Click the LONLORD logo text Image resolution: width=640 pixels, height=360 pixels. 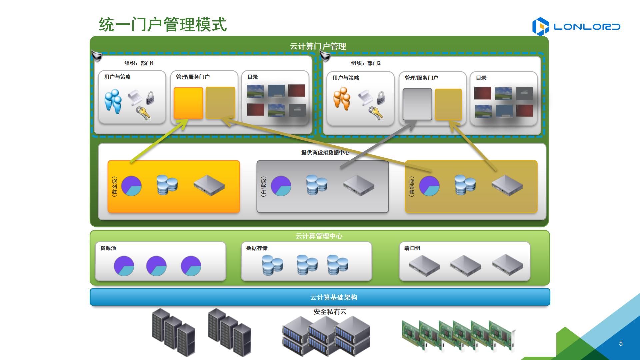(x=587, y=27)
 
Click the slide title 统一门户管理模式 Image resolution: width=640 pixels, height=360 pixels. (x=163, y=25)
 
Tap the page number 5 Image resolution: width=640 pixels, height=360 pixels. (x=621, y=343)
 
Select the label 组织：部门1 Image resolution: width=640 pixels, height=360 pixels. (x=139, y=63)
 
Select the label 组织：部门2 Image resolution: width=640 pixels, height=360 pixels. (x=366, y=63)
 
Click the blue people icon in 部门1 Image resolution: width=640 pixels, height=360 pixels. (x=113, y=101)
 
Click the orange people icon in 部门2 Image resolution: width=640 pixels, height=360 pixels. (x=342, y=99)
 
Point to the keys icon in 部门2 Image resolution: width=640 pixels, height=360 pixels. (x=376, y=113)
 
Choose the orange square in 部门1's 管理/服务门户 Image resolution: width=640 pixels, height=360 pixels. (x=188, y=103)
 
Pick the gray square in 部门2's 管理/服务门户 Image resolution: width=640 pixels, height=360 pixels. (x=417, y=104)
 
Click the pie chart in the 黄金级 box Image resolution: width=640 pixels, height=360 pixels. (x=131, y=186)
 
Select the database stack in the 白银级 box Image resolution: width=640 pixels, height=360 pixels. (x=317, y=185)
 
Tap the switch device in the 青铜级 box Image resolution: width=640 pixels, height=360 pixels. (x=507, y=186)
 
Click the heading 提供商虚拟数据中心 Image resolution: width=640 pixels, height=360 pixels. (x=325, y=152)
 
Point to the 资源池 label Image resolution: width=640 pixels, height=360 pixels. (x=108, y=248)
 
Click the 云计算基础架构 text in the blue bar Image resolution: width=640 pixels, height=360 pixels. (x=334, y=297)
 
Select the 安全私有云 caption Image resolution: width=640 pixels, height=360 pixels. (x=330, y=312)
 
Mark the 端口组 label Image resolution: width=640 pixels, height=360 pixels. (x=412, y=248)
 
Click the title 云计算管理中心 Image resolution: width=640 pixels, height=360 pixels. (x=319, y=236)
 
